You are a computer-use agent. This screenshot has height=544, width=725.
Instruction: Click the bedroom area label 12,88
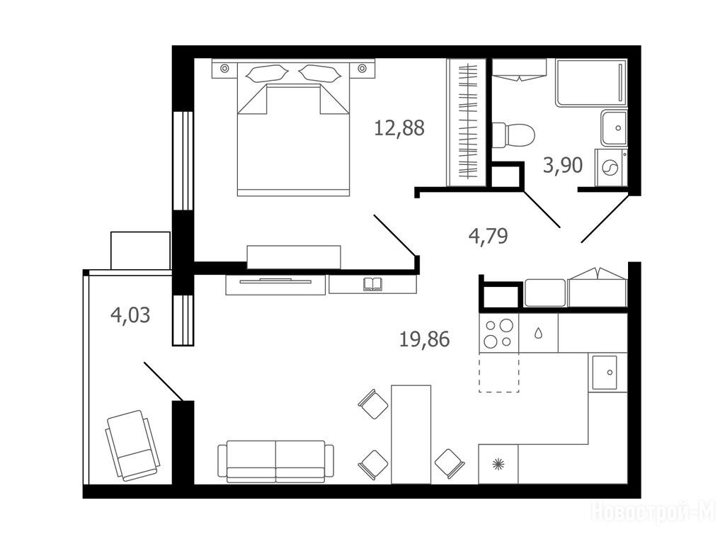point(399,128)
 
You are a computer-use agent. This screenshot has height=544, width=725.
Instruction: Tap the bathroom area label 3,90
point(563,165)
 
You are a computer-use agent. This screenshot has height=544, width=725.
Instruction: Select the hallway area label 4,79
point(489,236)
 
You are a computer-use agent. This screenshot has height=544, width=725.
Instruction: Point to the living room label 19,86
point(425,339)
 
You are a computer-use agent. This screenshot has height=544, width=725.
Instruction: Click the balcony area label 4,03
point(130,315)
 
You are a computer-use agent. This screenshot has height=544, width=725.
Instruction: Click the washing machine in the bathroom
point(611,167)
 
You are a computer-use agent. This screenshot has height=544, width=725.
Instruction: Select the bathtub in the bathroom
point(591,82)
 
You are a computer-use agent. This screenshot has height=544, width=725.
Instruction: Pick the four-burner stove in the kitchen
point(498,333)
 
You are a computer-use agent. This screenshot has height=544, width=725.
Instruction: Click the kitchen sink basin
point(605,373)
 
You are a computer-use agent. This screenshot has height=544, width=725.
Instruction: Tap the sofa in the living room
point(275,461)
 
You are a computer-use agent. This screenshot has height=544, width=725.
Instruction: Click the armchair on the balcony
point(132,446)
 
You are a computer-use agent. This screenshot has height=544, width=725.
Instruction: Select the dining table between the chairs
point(411,434)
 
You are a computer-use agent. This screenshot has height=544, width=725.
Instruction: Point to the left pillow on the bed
point(268,74)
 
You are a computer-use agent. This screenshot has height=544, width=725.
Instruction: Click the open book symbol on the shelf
point(372,284)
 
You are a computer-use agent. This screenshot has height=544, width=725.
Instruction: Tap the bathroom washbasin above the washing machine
point(615,127)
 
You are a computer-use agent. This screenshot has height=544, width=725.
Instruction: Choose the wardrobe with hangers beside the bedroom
point(467,122)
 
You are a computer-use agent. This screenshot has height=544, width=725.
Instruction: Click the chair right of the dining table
point(450,463)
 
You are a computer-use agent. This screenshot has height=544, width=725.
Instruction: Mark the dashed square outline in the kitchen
point(499,373)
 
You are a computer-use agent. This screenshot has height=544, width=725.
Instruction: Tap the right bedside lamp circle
point(362,69)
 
